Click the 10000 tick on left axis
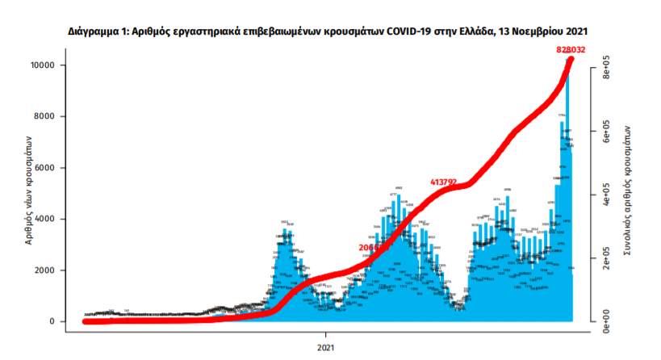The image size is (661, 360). tap(52, 65)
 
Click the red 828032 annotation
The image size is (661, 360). tap(570, 50)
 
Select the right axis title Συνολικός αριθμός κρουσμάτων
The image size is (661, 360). tap(628, 194)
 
